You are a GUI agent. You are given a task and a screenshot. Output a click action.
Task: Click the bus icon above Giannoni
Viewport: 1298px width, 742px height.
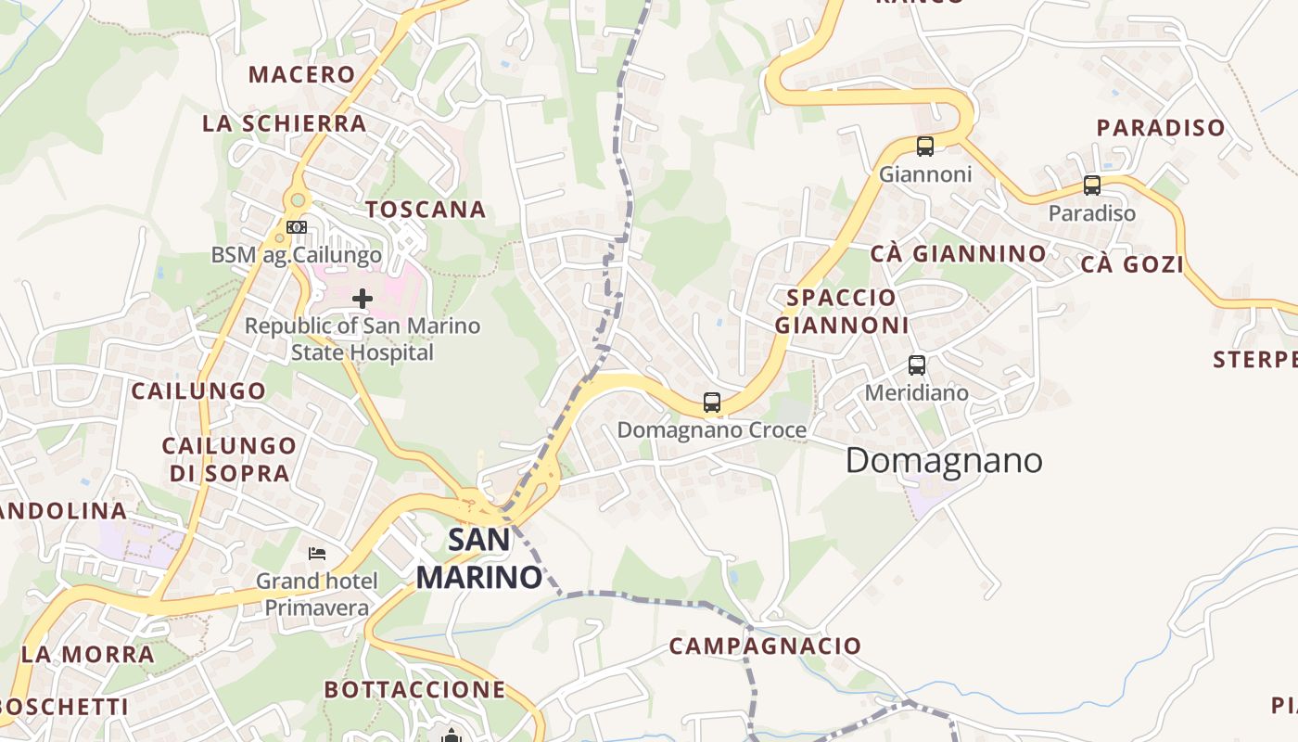coord(924,146)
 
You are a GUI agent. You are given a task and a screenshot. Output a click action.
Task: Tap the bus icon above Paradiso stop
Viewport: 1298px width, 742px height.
coord(1092,185)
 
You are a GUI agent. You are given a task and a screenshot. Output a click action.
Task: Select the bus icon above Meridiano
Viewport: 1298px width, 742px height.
coord(917,365)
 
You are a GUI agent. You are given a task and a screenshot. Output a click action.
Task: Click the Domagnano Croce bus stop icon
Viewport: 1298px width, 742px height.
coord(712,402)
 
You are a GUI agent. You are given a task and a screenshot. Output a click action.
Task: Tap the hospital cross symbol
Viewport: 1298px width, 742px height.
coord(363,298)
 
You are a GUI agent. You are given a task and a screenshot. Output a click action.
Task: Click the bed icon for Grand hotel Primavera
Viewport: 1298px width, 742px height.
coord(317,554)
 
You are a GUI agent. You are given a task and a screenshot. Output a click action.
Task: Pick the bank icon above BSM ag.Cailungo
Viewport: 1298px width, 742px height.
coord(297,226)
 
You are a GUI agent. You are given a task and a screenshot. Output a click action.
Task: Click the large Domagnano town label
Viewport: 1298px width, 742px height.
coord(944,461)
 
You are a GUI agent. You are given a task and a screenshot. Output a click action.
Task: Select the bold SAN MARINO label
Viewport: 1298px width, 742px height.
coord(478,558)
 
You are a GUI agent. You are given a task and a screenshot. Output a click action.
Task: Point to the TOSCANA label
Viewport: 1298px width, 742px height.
coord(426,210)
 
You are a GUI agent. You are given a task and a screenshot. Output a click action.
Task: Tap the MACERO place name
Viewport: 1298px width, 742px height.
coord(302,74)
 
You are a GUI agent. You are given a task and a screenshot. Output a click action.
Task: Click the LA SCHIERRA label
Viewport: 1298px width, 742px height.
coord(285,123)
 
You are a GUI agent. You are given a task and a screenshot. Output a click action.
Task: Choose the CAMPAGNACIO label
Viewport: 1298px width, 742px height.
coord(765,646)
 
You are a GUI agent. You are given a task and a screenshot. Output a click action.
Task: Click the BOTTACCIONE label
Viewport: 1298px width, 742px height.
coord(414,689)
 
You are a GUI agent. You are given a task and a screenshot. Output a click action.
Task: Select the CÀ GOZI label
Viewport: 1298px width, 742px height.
coord(1132,264)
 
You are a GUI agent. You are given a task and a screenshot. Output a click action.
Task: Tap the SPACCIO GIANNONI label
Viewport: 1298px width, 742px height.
coord(842,312)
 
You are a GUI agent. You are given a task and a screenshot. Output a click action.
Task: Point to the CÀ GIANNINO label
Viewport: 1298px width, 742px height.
coord(958,253)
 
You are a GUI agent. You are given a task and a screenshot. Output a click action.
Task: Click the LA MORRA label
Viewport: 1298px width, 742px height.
coord(88,654)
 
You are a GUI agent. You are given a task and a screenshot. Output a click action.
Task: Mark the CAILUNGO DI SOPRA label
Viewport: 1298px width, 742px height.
coord(230,459)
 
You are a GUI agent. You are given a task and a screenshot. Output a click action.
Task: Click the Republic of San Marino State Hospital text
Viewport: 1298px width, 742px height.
coord(363,339)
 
